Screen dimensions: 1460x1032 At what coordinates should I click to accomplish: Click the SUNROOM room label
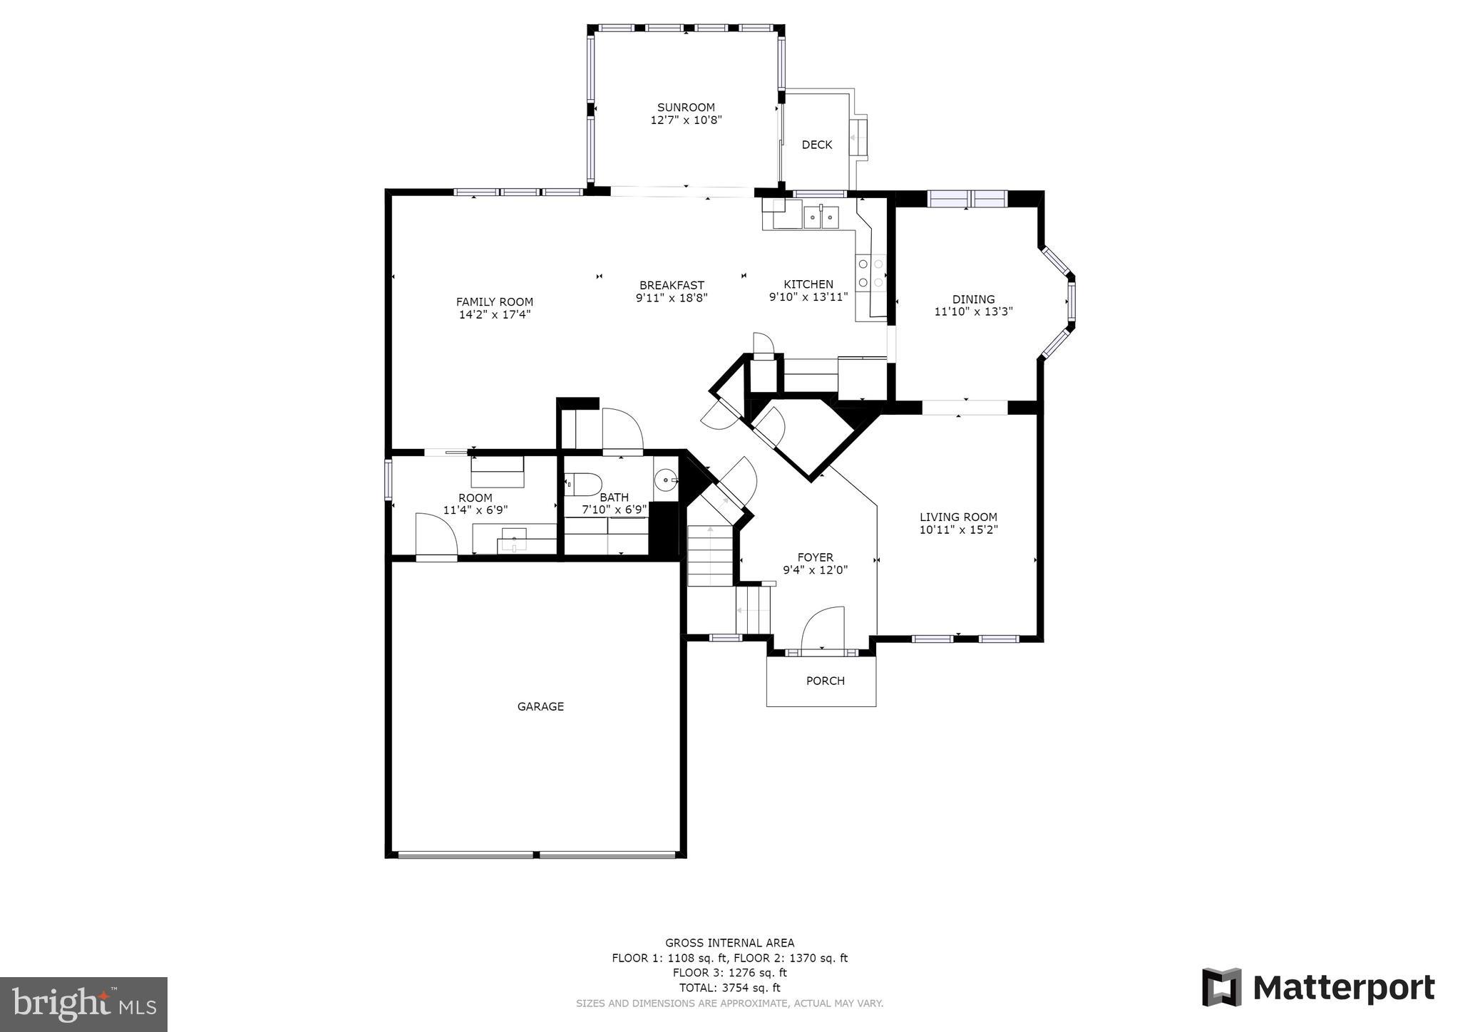[x=686, y=108]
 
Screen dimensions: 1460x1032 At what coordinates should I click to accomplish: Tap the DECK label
[x=816, y=145]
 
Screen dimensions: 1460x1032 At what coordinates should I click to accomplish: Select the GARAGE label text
[x=540, y=706]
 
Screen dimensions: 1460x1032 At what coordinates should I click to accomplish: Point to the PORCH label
[x=825, y=681]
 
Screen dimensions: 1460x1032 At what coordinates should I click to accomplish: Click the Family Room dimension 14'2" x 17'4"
[x=495, y=314]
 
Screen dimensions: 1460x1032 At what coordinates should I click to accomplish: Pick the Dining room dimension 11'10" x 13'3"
[x=973, y=311]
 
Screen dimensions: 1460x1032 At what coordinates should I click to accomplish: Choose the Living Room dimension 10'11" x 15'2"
[x=958, y=530]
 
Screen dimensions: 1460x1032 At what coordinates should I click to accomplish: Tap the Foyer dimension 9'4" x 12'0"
[x=815, y=569]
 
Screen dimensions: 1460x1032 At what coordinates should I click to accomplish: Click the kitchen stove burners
[x=870, y=273]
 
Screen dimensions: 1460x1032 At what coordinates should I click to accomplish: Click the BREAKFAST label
[x=672, y=285]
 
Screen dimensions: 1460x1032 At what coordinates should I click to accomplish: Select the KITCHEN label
[x=808, y=284]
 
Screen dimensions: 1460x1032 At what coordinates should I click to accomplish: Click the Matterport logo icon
[x=1221, y=987]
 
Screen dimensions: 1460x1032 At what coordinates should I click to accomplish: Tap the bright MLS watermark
[x=83, y=1004]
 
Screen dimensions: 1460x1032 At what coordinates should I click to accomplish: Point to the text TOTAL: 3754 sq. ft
[x=729, y=988]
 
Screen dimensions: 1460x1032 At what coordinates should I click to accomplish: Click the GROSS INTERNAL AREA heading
[x=729, y=943]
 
